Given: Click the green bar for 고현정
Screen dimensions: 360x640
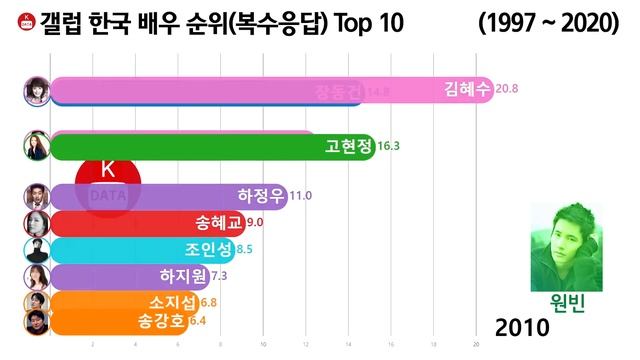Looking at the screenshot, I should click(200, 147).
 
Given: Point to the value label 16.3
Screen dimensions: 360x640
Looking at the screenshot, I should click(389, 146).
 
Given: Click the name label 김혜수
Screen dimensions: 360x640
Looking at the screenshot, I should click(467, 89).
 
